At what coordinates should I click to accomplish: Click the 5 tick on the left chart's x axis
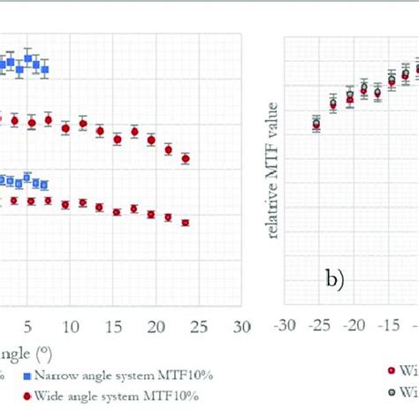tap(27, 326)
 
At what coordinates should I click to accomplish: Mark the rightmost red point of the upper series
tap(186, 159)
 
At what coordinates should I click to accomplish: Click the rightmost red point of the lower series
tap(186, 223)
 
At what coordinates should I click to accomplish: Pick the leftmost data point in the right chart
tap(316, 125)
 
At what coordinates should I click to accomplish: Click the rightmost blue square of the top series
tap(44, 68)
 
